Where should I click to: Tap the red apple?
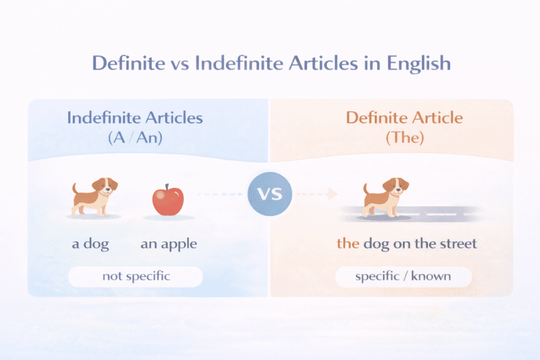coord(168,200)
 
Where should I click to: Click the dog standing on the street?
coord(385,197)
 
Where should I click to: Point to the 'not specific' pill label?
coord(136,276)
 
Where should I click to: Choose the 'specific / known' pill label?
coord(403,276)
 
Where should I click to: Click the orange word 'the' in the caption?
coord(348,243)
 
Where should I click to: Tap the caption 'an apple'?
coord(169,243)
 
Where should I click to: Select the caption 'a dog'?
coord(90,243)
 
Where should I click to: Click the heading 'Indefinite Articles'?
coord(135,117)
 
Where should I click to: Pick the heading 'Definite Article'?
coord(404,117)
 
